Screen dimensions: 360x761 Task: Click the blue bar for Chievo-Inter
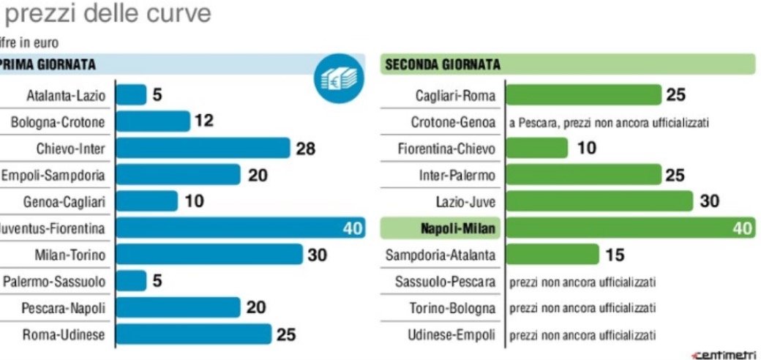pyautogui.click(x=203, y=149)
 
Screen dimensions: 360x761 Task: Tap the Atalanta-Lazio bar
pyautogui.click(x=131, y=95)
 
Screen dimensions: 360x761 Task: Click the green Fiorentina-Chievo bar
pyautogui.click(x=536, y=149)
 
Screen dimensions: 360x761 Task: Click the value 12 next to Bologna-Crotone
pyautogui.click(x=204, y=121)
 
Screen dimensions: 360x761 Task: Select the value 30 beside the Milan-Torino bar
pyautogui.click(x=317, y=255)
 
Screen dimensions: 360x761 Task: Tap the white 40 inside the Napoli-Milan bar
pyautogui.click(x=742, y=228)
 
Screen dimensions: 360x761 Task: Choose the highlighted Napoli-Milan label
pyautogui.click(x=457, y=228)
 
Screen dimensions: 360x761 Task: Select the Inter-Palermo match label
pyautogui.click(x=457, y=176)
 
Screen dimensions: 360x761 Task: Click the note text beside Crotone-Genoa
pyautogui.click(x=609, y=122)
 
